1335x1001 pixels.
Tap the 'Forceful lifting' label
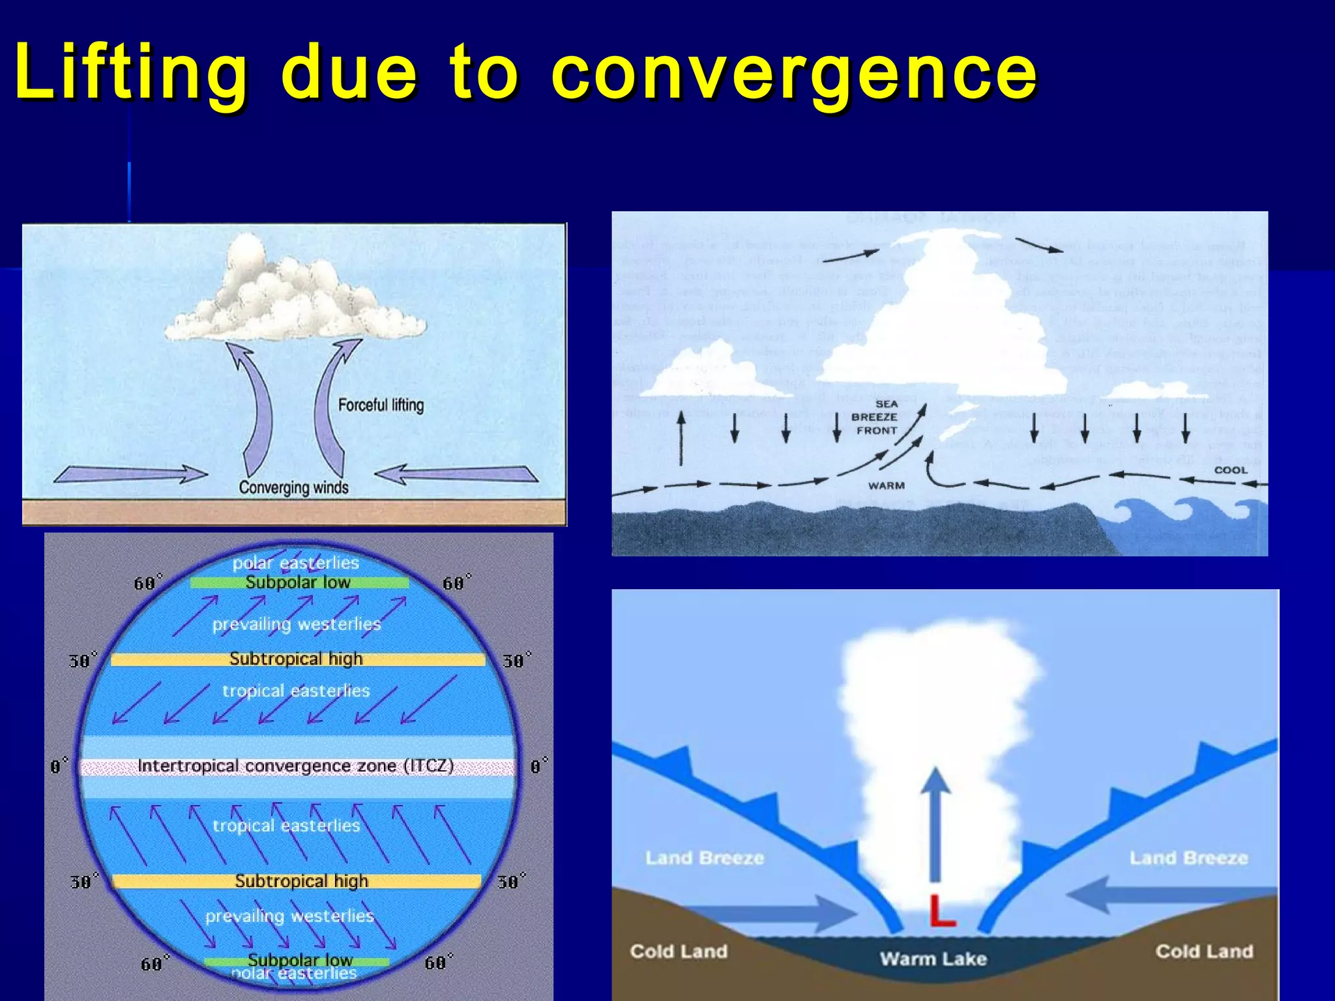click(x=381, y=405)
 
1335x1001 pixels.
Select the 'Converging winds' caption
click(x=293, y=487)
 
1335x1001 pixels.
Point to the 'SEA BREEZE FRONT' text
click(x=875, y=417)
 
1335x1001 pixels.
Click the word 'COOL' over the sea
click(x=1231, y=470)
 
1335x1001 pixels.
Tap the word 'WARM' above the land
click(x=886, y=486)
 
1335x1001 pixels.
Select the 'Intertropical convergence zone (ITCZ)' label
click(x=295, y=766)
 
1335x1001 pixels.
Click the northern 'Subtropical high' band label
click(x=296, y=659)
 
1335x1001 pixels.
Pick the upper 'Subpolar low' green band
click(x=299, y=583)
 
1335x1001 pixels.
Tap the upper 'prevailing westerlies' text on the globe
click(x=296, y=624)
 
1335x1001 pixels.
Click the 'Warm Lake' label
click(x=933, y=959)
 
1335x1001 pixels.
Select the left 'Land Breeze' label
click(x=705, y=858)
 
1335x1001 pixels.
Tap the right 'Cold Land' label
click(x=1204, y=951)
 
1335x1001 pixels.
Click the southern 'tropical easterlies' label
click(x=286, y=826)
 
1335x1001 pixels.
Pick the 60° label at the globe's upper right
click(x=456, y=583)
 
